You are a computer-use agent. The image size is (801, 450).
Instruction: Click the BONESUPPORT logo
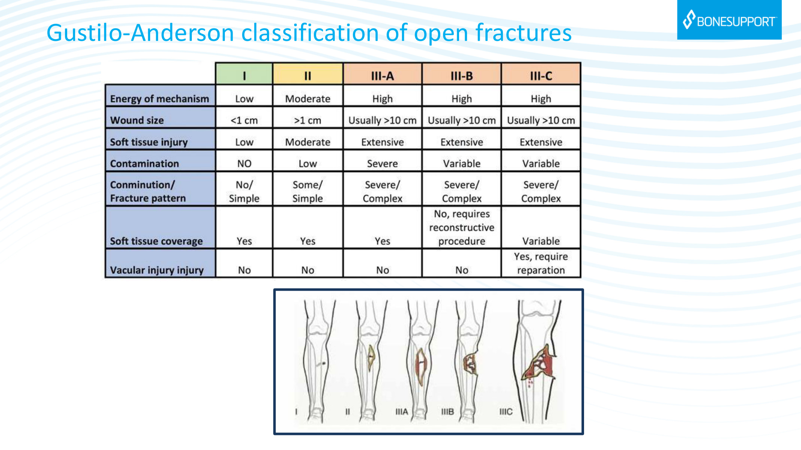pos(729,20)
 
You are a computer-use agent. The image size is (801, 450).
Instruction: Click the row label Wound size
pos(137,120)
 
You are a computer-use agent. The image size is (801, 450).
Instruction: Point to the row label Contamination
pos(145,163)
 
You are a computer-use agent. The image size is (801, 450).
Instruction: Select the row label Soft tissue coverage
pos(156,241)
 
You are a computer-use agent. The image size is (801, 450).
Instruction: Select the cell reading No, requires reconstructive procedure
pos(462,227)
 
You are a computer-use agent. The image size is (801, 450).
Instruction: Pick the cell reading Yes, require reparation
pos(541,263)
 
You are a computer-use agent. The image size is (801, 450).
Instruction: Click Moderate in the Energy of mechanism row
pos(308,99)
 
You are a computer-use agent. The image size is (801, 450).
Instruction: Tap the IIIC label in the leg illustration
pos(506,412)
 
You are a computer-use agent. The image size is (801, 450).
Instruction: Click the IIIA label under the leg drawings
pos(402,412)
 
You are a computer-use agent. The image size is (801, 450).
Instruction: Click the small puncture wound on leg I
pos(322,364)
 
